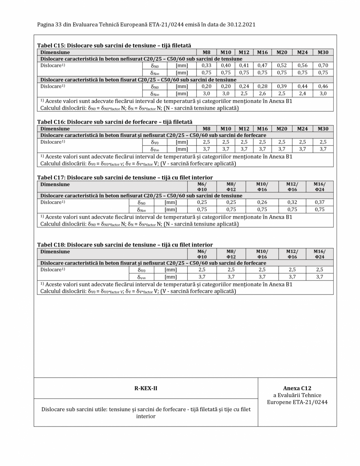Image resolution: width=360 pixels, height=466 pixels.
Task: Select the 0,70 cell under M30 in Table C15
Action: click(x=323, y=65)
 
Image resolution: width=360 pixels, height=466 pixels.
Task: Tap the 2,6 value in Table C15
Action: click(x=262, y=93)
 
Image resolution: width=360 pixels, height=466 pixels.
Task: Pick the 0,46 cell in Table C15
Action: click(x=323, y=86)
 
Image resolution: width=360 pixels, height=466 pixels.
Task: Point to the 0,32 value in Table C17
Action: click(x=292, y=202)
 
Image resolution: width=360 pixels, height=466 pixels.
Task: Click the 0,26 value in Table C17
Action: click(x=262, y=202)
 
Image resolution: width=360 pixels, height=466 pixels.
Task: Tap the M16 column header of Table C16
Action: click(x=262, y=128)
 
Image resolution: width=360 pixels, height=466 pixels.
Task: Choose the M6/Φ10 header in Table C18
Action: click(x=202, y=254)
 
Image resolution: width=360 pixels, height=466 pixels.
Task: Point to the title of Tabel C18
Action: click(x=125, y=245)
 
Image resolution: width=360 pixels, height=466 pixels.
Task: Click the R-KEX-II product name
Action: click(x=146, y=388)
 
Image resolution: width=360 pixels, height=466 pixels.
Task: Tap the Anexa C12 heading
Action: click(x=297, y=388)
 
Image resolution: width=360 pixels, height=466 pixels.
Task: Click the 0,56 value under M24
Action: click(x=302, y=65)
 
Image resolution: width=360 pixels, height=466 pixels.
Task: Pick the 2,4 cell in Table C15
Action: click(x=302, y=93)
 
